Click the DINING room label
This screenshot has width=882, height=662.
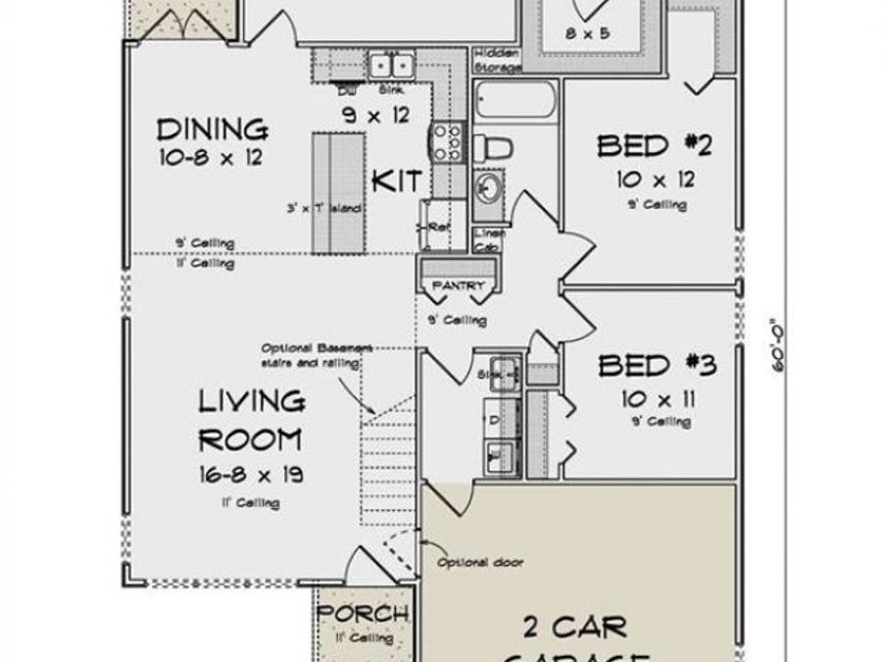(213, 129)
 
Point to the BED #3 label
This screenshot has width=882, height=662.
(657, 367)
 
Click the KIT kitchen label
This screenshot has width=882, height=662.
(397, 181)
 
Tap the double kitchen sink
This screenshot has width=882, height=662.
(391, 66)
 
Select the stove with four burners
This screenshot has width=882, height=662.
(448, 140)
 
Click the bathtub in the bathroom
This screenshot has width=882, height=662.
(515, 102)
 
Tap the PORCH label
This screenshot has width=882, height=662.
(363, 615)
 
